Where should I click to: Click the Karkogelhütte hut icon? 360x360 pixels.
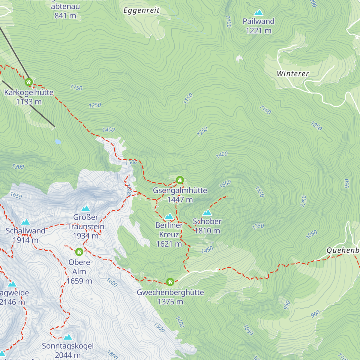[x=29, y=82]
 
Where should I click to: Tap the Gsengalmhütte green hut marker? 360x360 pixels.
[x=180, y=180]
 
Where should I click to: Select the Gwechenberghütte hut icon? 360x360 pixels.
[x=170, y=282]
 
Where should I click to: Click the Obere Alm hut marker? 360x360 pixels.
[x=79, y=252]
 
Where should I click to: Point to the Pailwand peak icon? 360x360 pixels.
[x=258, y=13]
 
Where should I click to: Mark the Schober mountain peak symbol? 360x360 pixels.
[x=207, y=213]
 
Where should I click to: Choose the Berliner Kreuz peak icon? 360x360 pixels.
[x=169, y=216]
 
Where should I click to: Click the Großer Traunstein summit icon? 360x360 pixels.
[x=86, y=208]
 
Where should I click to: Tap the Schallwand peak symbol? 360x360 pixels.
[x=25, y=222]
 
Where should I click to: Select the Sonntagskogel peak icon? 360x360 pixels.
[x=68, y=337]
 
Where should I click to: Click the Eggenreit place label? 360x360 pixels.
[x=142, y=10]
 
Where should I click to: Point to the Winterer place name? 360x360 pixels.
[x=293, y=73]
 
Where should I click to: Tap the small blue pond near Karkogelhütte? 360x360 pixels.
[x=58, y=141]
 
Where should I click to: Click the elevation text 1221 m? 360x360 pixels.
[x=258, y=31]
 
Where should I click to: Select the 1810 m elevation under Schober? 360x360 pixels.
[x=207, y=231]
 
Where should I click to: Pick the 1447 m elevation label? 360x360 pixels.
[x=180, y=199]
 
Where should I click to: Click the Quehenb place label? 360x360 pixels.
[x=343, y=250]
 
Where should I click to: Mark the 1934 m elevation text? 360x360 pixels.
[x=86, y=236]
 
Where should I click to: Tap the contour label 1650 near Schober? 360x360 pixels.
[x=225, y=184]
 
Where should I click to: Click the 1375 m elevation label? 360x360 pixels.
[x=170, y=301]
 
